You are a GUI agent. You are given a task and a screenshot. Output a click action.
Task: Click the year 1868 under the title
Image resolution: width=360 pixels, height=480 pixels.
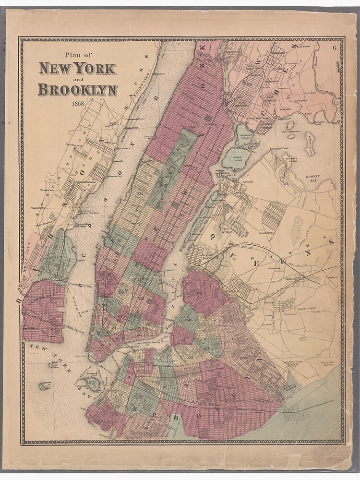pyautogui.click(x=77, y=104)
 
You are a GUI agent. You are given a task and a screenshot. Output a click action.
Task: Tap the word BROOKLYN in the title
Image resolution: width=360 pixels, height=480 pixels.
pyautogui.click(x=77, y=89)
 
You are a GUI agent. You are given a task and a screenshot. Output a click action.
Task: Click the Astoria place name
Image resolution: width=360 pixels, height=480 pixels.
pyautogui.click(x=248, y=182)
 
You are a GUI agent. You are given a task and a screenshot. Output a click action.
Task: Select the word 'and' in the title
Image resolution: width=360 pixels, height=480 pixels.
pyautogui.click(x=78, y=79)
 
